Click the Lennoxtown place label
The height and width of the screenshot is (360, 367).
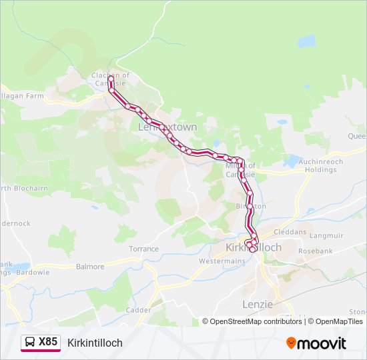pos(167,127)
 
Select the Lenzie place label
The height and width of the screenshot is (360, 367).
pos(258,304)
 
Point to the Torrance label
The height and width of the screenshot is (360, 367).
pos(144,249)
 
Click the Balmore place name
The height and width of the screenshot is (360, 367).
pos(90,267)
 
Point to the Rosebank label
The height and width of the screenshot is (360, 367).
pos(316,251)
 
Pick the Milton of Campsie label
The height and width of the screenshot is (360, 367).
pos(239,170)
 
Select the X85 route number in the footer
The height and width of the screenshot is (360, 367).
pos(48,342)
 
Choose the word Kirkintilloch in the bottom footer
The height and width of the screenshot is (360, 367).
pos(95,343)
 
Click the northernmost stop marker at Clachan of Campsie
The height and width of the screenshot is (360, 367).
pos(111,79)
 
